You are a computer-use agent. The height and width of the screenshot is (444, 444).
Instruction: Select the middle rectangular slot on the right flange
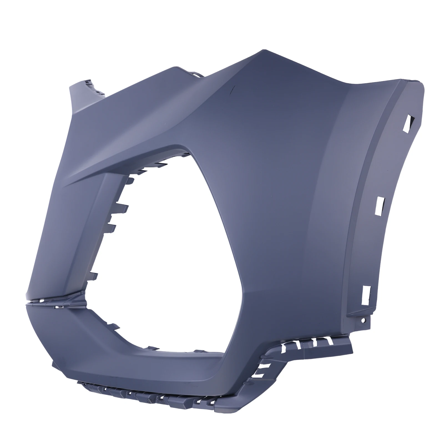click(x=379, y=205)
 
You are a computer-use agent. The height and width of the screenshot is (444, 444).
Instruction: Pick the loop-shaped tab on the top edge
click(x=196, y=75)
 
